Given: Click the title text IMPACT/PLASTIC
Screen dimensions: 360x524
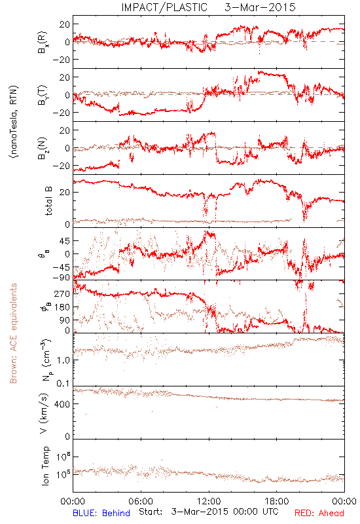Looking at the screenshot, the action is click(164, 7).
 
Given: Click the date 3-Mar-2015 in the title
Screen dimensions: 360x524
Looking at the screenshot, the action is click(260, 7).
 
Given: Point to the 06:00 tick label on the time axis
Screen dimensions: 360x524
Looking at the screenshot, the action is click(141, 501).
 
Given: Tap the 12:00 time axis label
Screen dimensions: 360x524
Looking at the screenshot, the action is click(209, 501).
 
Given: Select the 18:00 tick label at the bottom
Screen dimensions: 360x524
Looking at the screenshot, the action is click(277, 501).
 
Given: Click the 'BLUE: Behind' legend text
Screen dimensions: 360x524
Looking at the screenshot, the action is click(101, 513).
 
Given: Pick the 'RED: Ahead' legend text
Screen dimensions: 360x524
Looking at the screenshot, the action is click(319, 513).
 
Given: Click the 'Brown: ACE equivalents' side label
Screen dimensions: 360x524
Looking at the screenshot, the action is click(13, 333).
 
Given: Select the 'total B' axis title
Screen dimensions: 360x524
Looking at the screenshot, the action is click(48, 201).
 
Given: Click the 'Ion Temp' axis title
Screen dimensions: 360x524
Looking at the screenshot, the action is click(46, 466).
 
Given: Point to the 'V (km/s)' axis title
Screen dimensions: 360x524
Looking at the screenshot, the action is click(44, 413).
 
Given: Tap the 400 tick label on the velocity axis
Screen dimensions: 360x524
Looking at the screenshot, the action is click(63, 404).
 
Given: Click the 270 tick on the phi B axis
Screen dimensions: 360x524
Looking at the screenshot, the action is click(63, 293).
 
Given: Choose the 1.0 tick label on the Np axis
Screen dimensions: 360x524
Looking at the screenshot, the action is click(63, 360).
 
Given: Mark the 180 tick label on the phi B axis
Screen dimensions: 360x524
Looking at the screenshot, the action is click(63, 307).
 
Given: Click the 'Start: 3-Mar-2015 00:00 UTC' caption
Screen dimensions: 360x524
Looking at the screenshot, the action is click(208, 512).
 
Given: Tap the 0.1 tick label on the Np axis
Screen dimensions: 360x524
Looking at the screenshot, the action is click(63, 383).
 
